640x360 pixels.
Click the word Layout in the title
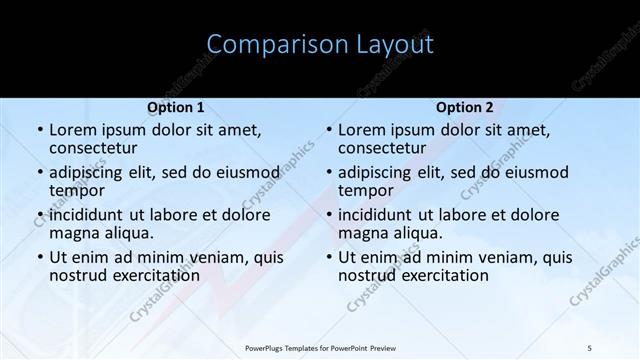395,44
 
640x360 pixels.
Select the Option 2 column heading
464,106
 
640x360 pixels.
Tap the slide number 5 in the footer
589,347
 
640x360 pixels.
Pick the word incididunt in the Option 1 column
86,215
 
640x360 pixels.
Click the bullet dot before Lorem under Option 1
39,130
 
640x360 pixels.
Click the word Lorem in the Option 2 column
361,129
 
